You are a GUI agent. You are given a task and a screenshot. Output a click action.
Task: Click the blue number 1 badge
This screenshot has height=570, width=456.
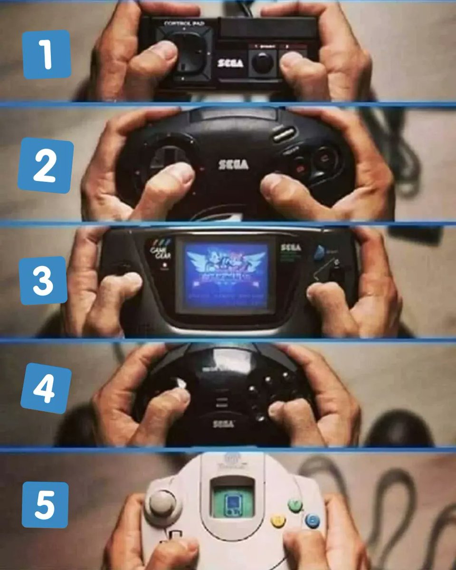(x=46, y=55)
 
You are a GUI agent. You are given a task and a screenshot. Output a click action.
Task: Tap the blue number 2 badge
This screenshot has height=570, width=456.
(x=46, y=165)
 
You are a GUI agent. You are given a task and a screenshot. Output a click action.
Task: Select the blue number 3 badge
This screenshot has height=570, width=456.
(x=43, y=280)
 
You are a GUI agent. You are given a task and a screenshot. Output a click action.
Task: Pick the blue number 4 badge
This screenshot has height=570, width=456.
(x=46, y=388)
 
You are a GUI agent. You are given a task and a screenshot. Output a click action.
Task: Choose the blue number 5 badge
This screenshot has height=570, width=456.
(x=45, y=504)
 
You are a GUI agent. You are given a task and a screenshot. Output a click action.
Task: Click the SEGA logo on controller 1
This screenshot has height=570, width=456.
(x=230, y=63)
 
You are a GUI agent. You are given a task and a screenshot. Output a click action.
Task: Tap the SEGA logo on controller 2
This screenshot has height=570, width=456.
(x=233, y=164)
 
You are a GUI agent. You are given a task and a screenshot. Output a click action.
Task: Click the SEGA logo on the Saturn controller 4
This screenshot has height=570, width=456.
(x=223, y=423)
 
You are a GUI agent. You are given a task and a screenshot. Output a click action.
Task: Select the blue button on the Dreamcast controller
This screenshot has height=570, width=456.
(x=312, y=521)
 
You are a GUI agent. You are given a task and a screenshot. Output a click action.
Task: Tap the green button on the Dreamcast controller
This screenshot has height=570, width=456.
(x=295, y=504)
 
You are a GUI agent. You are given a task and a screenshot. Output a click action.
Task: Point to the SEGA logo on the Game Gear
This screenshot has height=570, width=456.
(x=291, y=247)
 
